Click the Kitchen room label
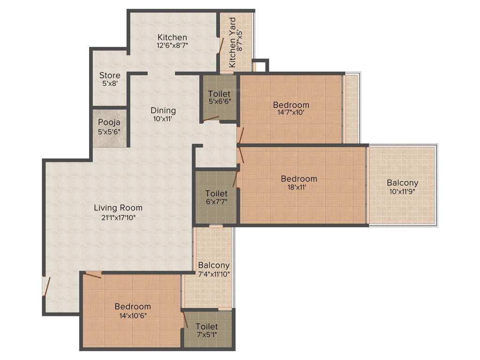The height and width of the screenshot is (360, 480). point(172,37)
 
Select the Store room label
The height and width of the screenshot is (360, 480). point(110,75)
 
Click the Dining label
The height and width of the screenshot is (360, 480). point(163,111)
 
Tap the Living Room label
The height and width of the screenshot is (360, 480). point(118,208)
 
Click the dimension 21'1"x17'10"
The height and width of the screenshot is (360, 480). point(118,217)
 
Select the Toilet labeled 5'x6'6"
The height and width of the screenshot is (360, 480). point(219,94)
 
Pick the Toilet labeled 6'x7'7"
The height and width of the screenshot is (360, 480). point(216,194)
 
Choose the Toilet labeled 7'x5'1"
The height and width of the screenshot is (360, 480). point(207,327)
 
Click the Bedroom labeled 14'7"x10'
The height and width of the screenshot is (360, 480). point(291,105)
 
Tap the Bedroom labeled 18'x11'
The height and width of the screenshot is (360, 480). point(299,179)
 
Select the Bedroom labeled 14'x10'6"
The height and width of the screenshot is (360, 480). point(133,307)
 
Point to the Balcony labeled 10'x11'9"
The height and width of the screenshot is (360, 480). point(402,183)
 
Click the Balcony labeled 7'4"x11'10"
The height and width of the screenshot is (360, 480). point(214,265)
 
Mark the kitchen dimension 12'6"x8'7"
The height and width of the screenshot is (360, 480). point(172,46)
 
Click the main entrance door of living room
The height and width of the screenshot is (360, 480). point(46,286)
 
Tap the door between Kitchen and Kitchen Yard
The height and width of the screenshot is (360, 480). point(220,45)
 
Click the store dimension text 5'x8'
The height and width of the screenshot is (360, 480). point(110,83)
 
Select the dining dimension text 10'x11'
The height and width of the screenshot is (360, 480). point(163,119)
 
